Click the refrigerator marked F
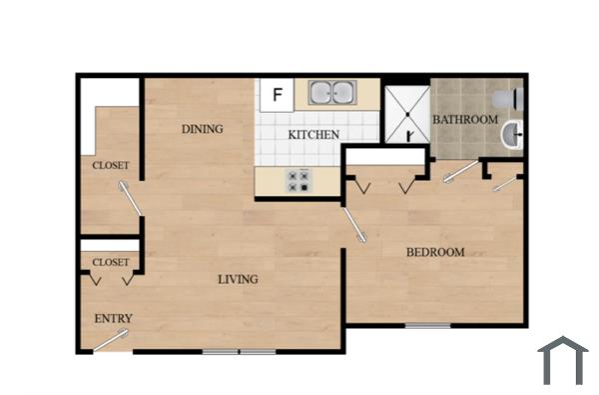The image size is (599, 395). [x=277, y=96]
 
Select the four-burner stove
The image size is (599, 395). [x=299, y=180]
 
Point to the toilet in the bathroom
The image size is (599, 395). [x=515, y=98]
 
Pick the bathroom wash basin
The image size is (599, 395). [x=512, y=134]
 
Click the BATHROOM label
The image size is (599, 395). [x=464, y=120]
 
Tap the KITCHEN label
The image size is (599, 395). [x=313, y=135]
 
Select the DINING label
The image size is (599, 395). [x=202, y=129]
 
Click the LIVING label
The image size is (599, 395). [x=238, y=279]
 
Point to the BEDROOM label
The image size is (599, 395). [x=434, y=252]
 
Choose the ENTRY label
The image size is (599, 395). [x=113, y=319]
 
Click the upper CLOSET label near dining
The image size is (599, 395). [x=111, y=165]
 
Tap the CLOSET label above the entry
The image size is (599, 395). [x=111, y=262]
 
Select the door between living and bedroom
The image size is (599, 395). [x=354, y=224]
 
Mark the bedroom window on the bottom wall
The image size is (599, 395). [x=427, y=325]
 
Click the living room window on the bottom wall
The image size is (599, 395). [x=239, y=351]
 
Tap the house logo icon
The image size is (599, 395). [x=562, y=360]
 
